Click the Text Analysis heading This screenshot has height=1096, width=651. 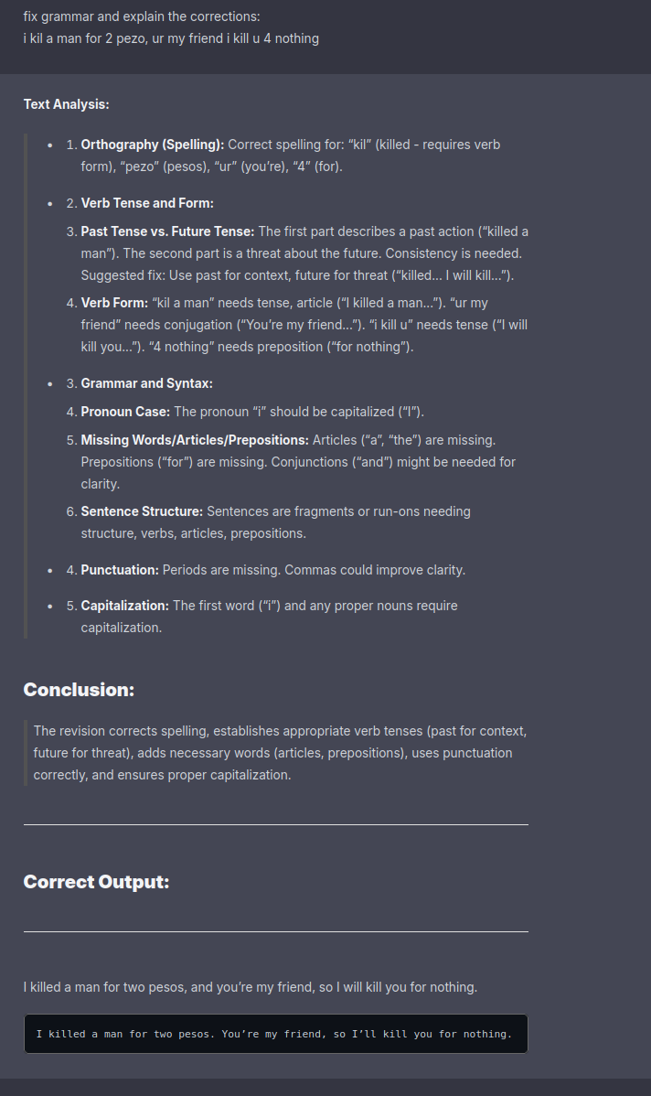66,104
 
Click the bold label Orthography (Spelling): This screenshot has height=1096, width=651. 152,145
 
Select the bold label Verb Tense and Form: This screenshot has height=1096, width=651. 147,203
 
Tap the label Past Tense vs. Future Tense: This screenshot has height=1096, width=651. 167,231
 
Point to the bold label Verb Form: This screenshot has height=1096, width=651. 114,303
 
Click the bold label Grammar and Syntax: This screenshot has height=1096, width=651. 146,383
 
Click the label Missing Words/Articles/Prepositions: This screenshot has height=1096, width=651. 195,440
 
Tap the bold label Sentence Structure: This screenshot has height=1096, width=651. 142,511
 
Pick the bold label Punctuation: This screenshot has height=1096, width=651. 120,570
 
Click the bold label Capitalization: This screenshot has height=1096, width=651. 124,606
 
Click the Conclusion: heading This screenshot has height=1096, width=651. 79,690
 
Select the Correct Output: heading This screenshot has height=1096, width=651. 96,882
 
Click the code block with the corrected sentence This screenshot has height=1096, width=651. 275,1034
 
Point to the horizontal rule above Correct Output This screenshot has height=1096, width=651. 275,824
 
